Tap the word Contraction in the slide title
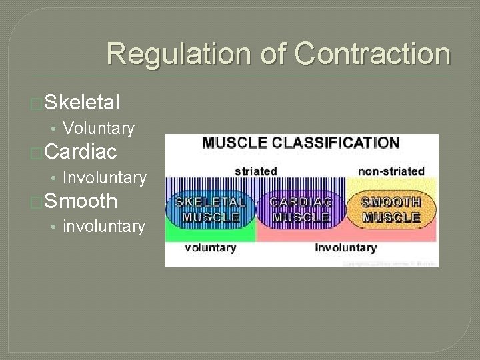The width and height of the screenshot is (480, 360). [x=373, y=53]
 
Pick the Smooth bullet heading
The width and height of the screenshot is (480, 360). [x=81, y=201]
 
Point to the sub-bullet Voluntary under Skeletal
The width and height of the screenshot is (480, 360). [x=98, y=128]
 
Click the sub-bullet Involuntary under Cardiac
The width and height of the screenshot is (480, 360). [x=104, y=177]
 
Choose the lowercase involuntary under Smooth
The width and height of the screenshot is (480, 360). [x=103, y=227]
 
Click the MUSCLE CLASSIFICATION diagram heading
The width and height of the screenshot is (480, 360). [x=301, y=143]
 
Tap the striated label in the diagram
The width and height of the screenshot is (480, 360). [x=255, y=171]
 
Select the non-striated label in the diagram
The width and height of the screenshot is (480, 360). [x=391, y=171]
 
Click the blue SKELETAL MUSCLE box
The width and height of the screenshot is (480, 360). [x=210, y=209]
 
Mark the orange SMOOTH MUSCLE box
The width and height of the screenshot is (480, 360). [x=391, y=209]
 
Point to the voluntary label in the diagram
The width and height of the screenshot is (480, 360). [x=210, y=248]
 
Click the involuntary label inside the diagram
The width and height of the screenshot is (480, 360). [x=345, y=248]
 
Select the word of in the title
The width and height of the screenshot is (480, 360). [x=276, y=53]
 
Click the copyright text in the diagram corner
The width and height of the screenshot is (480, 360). [x=390, y=263]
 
